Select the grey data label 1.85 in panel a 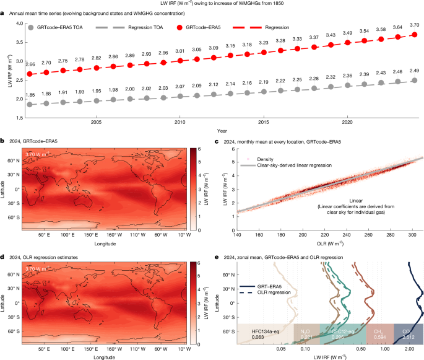[x=30, y=94]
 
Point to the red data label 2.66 [x=30, y=64]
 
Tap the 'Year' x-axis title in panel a [x=221, y=131]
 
